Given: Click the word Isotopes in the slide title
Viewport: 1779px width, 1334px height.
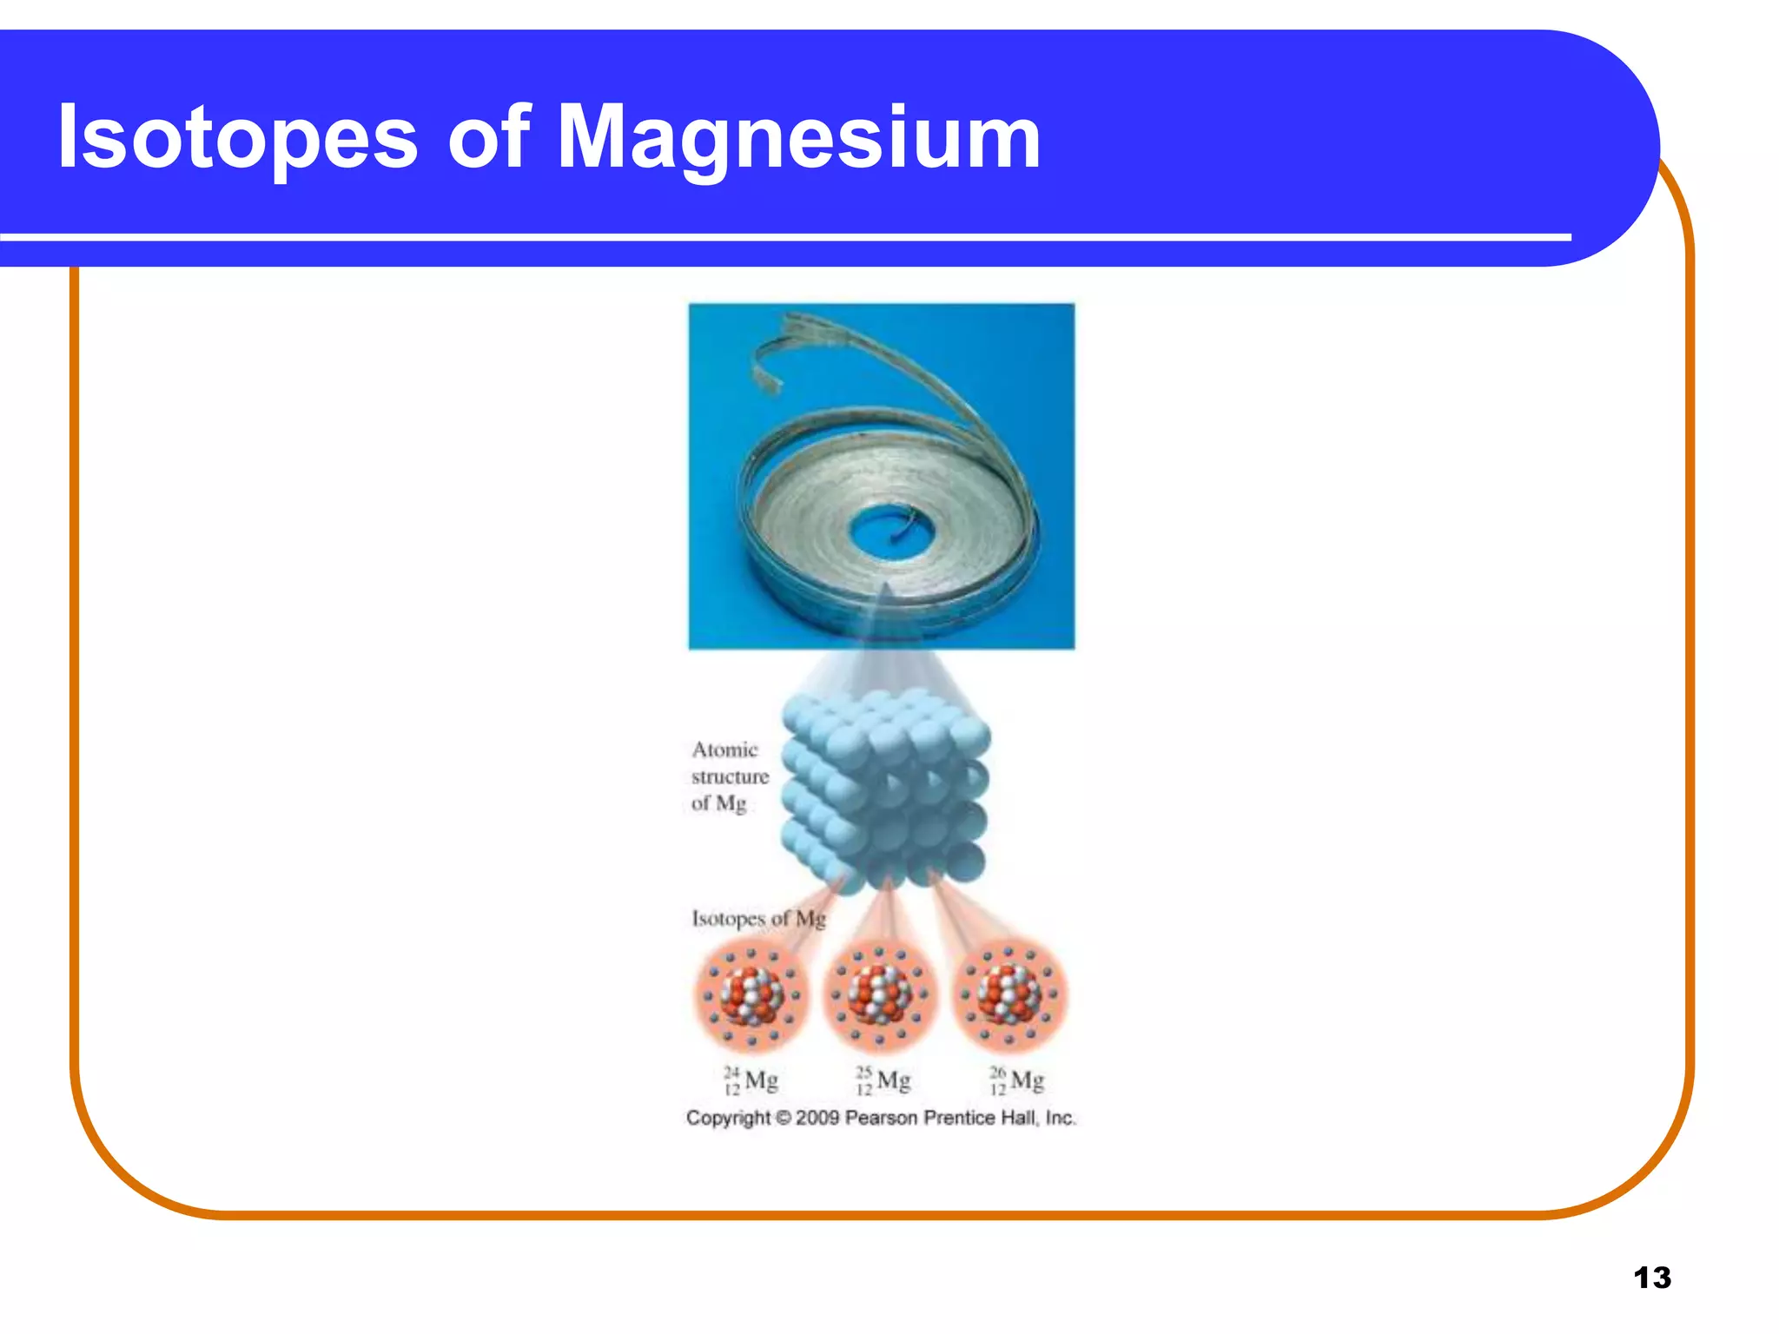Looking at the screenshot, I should coord(237,137).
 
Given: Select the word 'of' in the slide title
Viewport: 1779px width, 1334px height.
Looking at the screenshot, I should coord(487,137).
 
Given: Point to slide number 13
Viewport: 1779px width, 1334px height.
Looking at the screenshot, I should coord(1651,1278).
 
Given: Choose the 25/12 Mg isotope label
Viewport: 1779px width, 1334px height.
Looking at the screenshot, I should coord(883,1080).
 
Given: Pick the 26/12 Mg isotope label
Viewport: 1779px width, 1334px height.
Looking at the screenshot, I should coord(1016,1080).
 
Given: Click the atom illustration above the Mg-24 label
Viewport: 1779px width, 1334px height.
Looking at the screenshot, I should coord(751,995).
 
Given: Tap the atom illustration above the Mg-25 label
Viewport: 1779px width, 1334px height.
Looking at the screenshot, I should coord(879,995).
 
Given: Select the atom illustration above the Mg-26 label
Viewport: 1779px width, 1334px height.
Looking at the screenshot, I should coord(1009,995).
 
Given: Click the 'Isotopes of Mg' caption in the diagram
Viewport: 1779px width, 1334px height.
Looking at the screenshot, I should coord(758,918).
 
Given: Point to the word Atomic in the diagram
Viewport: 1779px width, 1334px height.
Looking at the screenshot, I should coord(724,750).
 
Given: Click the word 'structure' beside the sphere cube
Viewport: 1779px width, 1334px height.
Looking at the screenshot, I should coord(730,776).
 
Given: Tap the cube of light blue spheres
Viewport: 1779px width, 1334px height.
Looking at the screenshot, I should coord(886,790).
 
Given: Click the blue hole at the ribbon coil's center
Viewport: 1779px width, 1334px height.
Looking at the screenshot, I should coord(885,532).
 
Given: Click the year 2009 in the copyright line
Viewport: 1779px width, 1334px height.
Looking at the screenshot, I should coord(817,1118).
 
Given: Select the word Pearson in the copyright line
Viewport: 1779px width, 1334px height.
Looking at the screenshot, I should coord(881,1118).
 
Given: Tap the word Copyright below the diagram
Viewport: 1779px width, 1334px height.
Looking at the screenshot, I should coord(728,1118).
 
